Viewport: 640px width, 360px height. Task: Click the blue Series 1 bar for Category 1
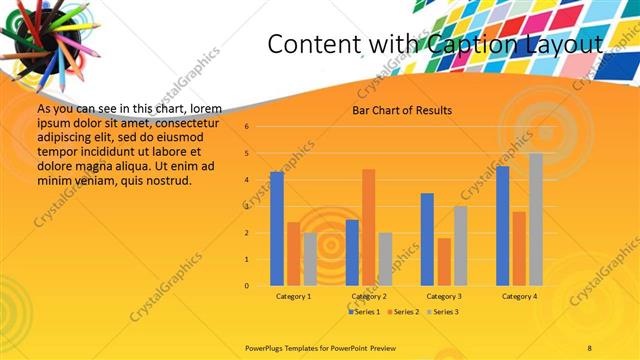(277, 229)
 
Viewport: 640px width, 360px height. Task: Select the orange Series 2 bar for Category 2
(368, 227)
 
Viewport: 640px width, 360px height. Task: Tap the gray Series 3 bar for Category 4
(536, 219)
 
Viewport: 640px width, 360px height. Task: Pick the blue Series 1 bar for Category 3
(427, 239)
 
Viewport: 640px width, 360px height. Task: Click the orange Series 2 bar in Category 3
(443, 262)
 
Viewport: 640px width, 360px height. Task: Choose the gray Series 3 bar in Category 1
(310, 259)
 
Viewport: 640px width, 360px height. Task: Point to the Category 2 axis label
(369, 297)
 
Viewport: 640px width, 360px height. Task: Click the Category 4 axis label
(519, 297)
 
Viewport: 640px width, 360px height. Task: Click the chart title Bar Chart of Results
(402, 110)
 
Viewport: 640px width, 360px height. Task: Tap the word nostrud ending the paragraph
(166, 180)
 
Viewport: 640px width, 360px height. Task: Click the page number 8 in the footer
(590, 346)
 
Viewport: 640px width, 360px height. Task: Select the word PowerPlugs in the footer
(265, 346)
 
